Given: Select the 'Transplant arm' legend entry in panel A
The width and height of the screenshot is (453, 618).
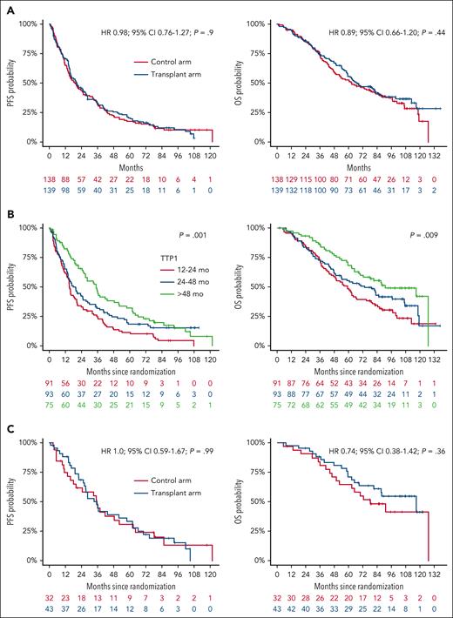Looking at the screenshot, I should (173, 77).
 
